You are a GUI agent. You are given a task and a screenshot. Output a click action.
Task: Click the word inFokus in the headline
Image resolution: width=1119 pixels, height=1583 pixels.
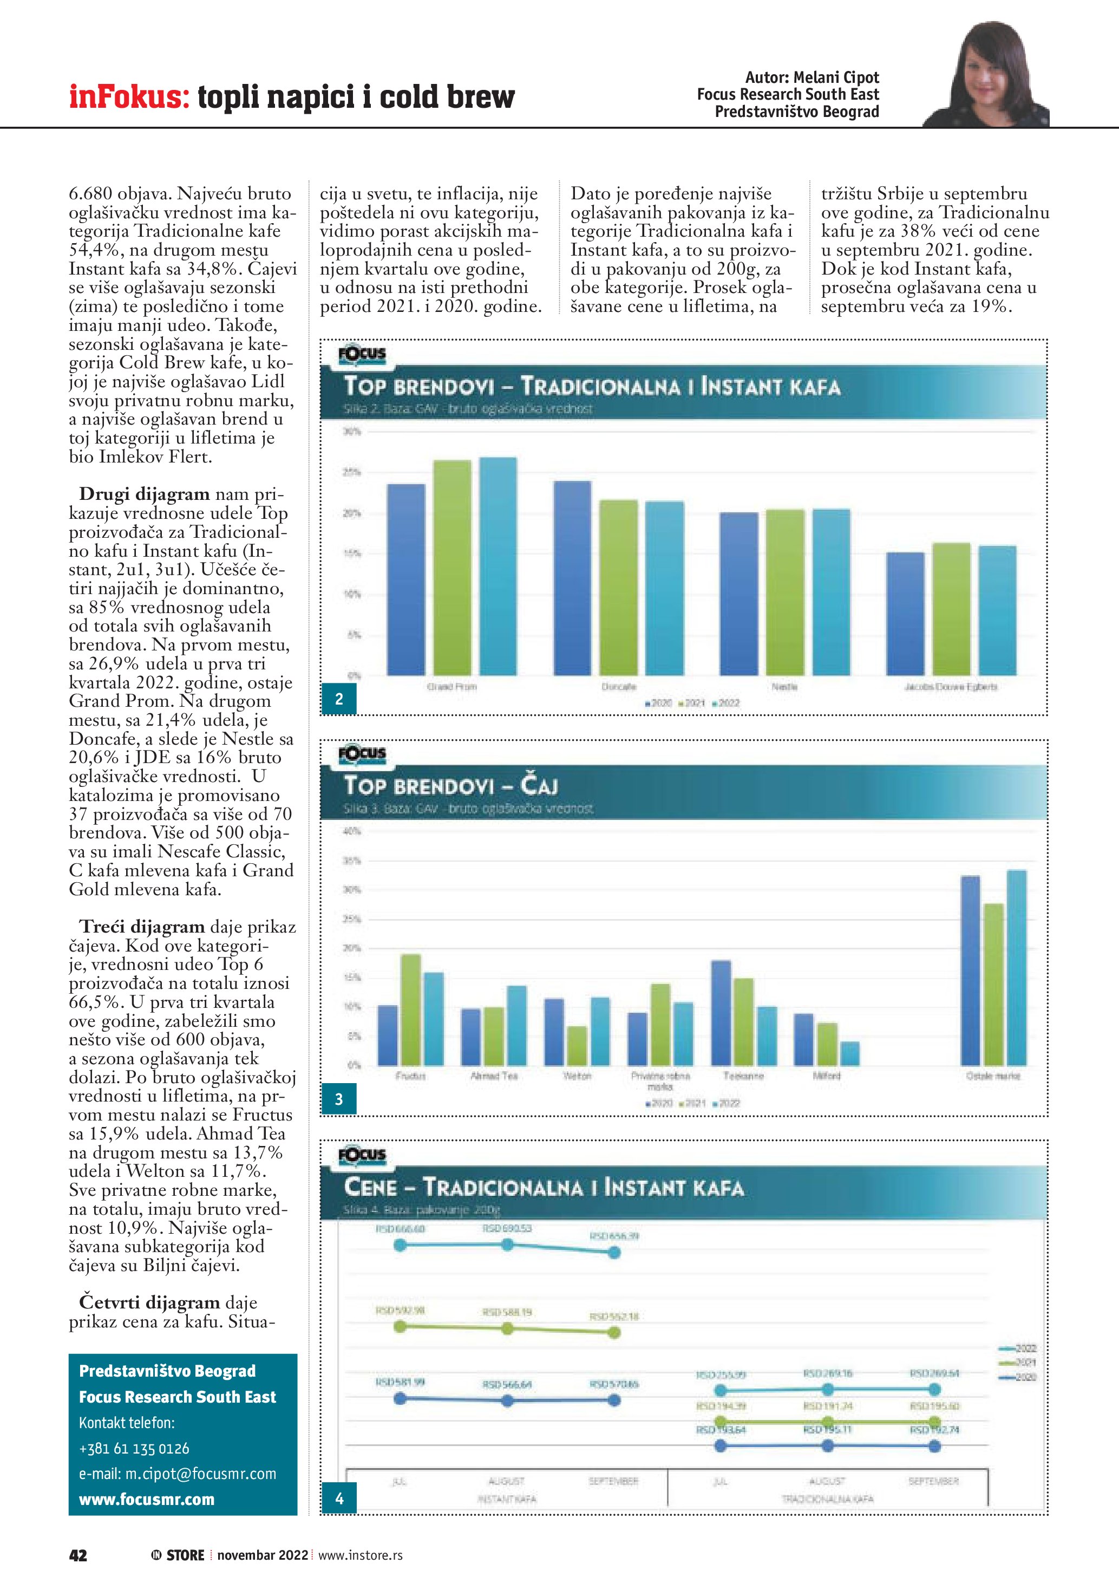point(129,96)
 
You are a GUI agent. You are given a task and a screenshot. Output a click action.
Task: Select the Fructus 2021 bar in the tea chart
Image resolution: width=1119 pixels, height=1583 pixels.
point(411,1009)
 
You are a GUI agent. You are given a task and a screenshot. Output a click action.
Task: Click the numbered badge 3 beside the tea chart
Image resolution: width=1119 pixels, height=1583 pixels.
point(339,1099)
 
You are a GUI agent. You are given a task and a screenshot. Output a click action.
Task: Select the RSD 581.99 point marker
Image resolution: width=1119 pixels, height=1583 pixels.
point(400,1399)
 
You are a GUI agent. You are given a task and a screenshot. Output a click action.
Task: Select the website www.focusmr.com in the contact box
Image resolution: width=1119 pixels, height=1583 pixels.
point(147,1499)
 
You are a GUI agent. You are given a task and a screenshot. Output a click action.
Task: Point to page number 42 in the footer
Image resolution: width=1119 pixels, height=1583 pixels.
point(78,1555)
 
